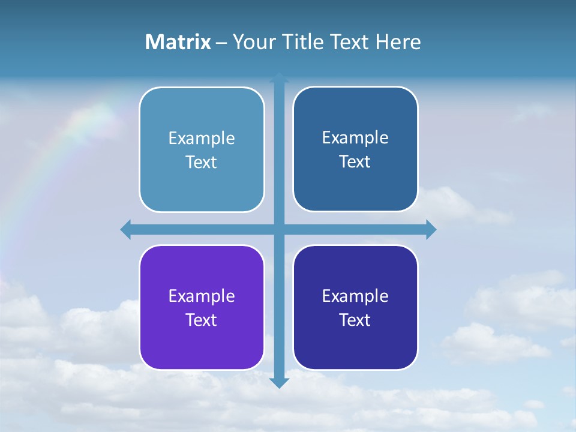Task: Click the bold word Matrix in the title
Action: [x=178, y=42]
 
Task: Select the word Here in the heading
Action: [x=398, y=42]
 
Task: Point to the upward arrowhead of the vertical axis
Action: [x=279, y=77]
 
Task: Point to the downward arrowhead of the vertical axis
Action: [x=279, y=382]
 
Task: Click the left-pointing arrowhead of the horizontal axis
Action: [x=126, y=229]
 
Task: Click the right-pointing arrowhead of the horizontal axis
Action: [x=431, y=229]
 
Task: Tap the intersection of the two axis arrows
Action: [x=279, y=229]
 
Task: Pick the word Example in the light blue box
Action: [x=202, y=139]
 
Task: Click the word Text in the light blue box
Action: [x=202, y=162]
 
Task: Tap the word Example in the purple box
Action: [x=202, y=296]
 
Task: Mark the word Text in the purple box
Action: [x=202, y=320]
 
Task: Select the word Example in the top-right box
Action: [x=355, y=137]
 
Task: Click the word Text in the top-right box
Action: [x=355, y=161]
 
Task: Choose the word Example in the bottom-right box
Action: [x=355, y=296]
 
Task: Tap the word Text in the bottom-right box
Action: [x=355, y=320]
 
